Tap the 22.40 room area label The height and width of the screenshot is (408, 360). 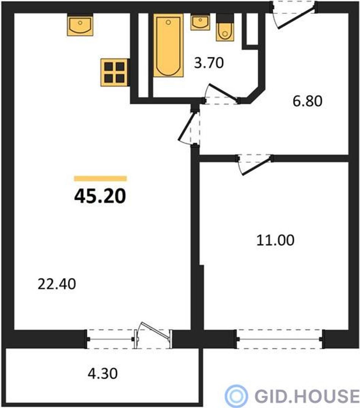pyautogui.click(x=57, y=284)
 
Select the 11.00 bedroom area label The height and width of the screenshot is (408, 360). pyautogui.click(x=275, y=240)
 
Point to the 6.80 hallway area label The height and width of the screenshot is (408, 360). pyautogui.click(x=307, y=101)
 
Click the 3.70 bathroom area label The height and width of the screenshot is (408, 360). pyautogui.click(x=209, y=63)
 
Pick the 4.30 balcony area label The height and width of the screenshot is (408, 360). pyautogui.click(x=103, y=374)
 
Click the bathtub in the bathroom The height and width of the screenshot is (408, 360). pyautogui.click(x=168, y=45)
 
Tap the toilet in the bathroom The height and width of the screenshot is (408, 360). pyautogui.click(x=225, y=28)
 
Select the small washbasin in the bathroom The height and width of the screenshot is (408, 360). pyautogui.click(x=200, y=23)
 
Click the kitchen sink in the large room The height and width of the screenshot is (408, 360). pyautogui.click(x=80, y=26)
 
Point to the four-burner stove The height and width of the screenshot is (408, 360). pyautogui.click(x=114, y=73)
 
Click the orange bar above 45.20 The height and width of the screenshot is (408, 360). pyautogui.click(x=100, y=178)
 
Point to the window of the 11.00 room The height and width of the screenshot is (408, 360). pyautogui.click(x=280, y=339)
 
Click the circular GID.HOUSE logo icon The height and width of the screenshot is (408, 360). pyautogui.click(x=236, y=396)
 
